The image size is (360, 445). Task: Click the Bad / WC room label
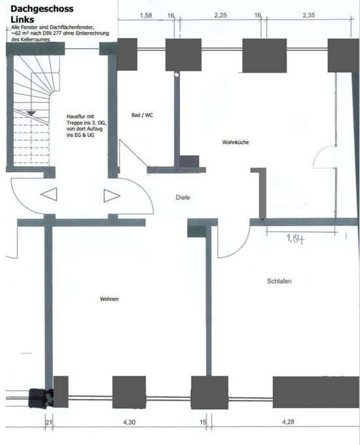pos(142,115)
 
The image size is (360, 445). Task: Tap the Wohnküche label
pos(236,142)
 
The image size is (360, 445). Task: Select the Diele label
pos(183,198)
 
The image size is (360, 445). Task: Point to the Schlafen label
pos(279,281)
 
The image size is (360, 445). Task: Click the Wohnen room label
pos(109,299)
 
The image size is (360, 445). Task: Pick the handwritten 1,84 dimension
pos(295,239)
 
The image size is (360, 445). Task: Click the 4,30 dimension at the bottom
pos(129,422)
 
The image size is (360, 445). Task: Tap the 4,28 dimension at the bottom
pos(288,421)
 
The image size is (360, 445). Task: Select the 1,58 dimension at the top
pos(146,15)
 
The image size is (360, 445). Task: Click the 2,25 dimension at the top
pos(221,15)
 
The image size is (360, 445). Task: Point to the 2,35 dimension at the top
pos(308,15)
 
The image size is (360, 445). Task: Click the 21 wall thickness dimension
pos(49,422)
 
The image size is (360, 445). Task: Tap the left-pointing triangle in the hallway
pos(49,194)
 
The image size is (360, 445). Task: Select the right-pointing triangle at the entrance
pos(111,196)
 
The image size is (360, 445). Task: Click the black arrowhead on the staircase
pos(31,113)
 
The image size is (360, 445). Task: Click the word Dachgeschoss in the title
pos(42,9)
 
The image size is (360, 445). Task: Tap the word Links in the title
pos(22,20)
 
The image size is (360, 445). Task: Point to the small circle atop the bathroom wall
pos(177,75)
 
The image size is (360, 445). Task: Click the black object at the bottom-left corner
pos(41,398)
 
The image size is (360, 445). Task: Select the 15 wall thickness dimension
pos(203,422)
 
